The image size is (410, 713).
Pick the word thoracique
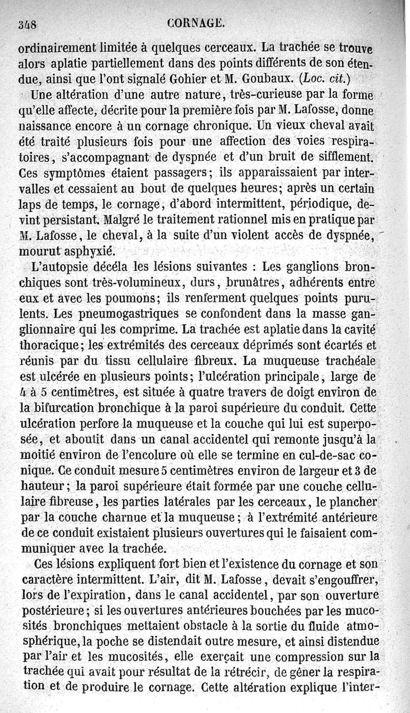48,346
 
